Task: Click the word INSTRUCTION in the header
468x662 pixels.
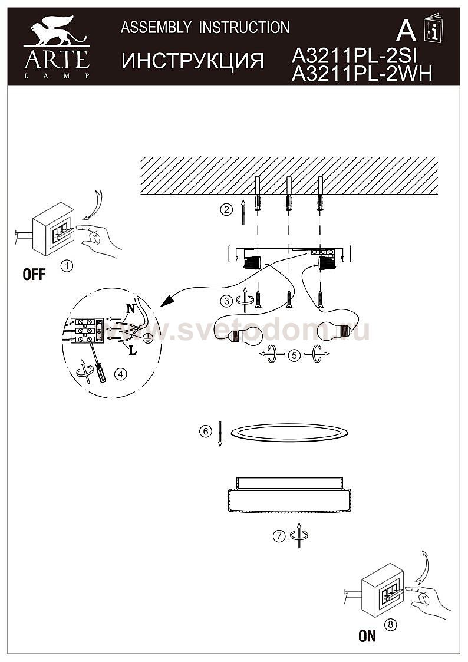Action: [244, 28]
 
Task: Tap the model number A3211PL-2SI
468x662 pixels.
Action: [354, 55]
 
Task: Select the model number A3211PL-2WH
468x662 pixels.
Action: [362, 74]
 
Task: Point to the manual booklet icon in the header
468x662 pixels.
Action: [433, 28]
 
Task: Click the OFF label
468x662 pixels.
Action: [34, 275]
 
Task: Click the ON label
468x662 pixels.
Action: [367, 636]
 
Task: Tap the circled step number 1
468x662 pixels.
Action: [67, 266]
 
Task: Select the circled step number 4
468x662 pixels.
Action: [120, 374]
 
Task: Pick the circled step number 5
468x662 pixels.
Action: [294, 355]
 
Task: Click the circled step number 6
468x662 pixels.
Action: [206, 432]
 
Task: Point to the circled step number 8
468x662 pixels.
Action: [391, 624]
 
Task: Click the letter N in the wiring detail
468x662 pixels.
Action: [131, 309]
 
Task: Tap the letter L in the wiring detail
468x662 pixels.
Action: [133, 350]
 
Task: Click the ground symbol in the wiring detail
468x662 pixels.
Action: [147, 338]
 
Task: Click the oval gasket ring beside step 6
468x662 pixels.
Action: [289, 433]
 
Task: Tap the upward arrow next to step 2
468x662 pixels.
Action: [243, 213]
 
